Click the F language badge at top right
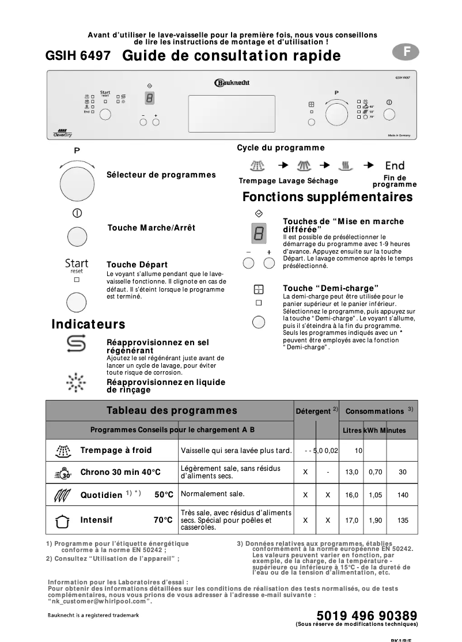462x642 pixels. pyautogui.click(x=407, y=51)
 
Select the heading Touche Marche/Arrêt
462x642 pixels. pyautogui.click(x=151, y=228)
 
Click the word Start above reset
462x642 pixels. pyautogui.click(x=77, y=263)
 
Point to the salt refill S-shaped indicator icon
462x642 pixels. pyautogui.click(x=77, y=344)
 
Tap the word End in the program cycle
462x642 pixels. pyautogui.click(x=395, y=166)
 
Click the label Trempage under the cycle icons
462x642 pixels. pyautogui.click(x=257, y=181)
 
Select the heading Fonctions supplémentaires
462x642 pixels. pyautogui.click(x=327, y=197)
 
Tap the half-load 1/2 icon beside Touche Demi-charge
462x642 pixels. pyautogui.click(x=259, y=289)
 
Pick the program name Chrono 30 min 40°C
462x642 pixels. pyautogui.click(x=120, y=473)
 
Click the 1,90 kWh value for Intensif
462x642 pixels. pyautogui.click(x=375, y=520)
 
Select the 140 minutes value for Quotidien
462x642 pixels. pyautogui.click(x=403, y=495)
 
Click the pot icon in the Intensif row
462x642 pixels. pyautogui.click(x=62, y=520)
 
